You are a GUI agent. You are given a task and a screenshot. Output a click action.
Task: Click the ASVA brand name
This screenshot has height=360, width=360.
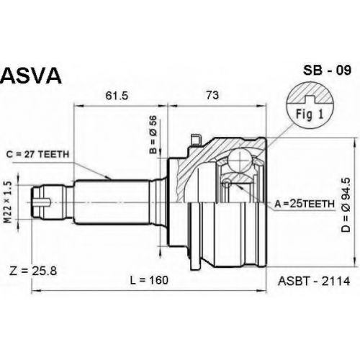click(x=31, y=76)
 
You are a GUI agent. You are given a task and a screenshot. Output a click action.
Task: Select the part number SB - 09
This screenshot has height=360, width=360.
click(x=327, y=71)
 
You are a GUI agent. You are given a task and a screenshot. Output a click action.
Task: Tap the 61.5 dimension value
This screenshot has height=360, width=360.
click(x=117, y=96)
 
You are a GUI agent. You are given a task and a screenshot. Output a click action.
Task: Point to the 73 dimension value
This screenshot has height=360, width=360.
click(x=212, y=95)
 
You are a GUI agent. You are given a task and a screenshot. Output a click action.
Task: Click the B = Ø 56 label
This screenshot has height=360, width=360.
click(x=153, y=135)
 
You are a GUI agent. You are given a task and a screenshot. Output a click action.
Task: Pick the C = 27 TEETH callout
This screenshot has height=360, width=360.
click(x=37, y=154)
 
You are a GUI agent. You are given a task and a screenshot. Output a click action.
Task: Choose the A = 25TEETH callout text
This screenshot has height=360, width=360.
click(x=305, y=204)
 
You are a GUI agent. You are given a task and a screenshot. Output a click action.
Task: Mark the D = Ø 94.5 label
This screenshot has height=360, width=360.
click(x=346, y=204)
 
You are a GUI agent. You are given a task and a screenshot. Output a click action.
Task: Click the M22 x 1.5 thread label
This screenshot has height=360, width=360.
click(x=8, y=202)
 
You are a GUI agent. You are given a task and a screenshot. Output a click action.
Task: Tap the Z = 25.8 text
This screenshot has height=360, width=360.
click(x=33, y=271)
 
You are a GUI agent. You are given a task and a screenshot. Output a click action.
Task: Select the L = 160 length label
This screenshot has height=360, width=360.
click(x=149, y=280)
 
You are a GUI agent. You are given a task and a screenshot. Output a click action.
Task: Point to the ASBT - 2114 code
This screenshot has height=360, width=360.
click(x=314, y=281)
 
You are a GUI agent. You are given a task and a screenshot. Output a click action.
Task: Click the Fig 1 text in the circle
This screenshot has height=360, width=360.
click(x=310, y=114)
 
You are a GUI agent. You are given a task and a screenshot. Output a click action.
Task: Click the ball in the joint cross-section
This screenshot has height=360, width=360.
click(x=240, y=160)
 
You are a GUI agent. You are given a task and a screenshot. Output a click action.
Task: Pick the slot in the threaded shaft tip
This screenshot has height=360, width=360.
click(x=42, y=202)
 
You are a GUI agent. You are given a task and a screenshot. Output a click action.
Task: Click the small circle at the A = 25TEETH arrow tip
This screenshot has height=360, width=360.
click(x=226, y=184)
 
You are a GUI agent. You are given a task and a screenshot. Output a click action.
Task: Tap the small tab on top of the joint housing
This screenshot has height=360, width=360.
click(x=195, y=140)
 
